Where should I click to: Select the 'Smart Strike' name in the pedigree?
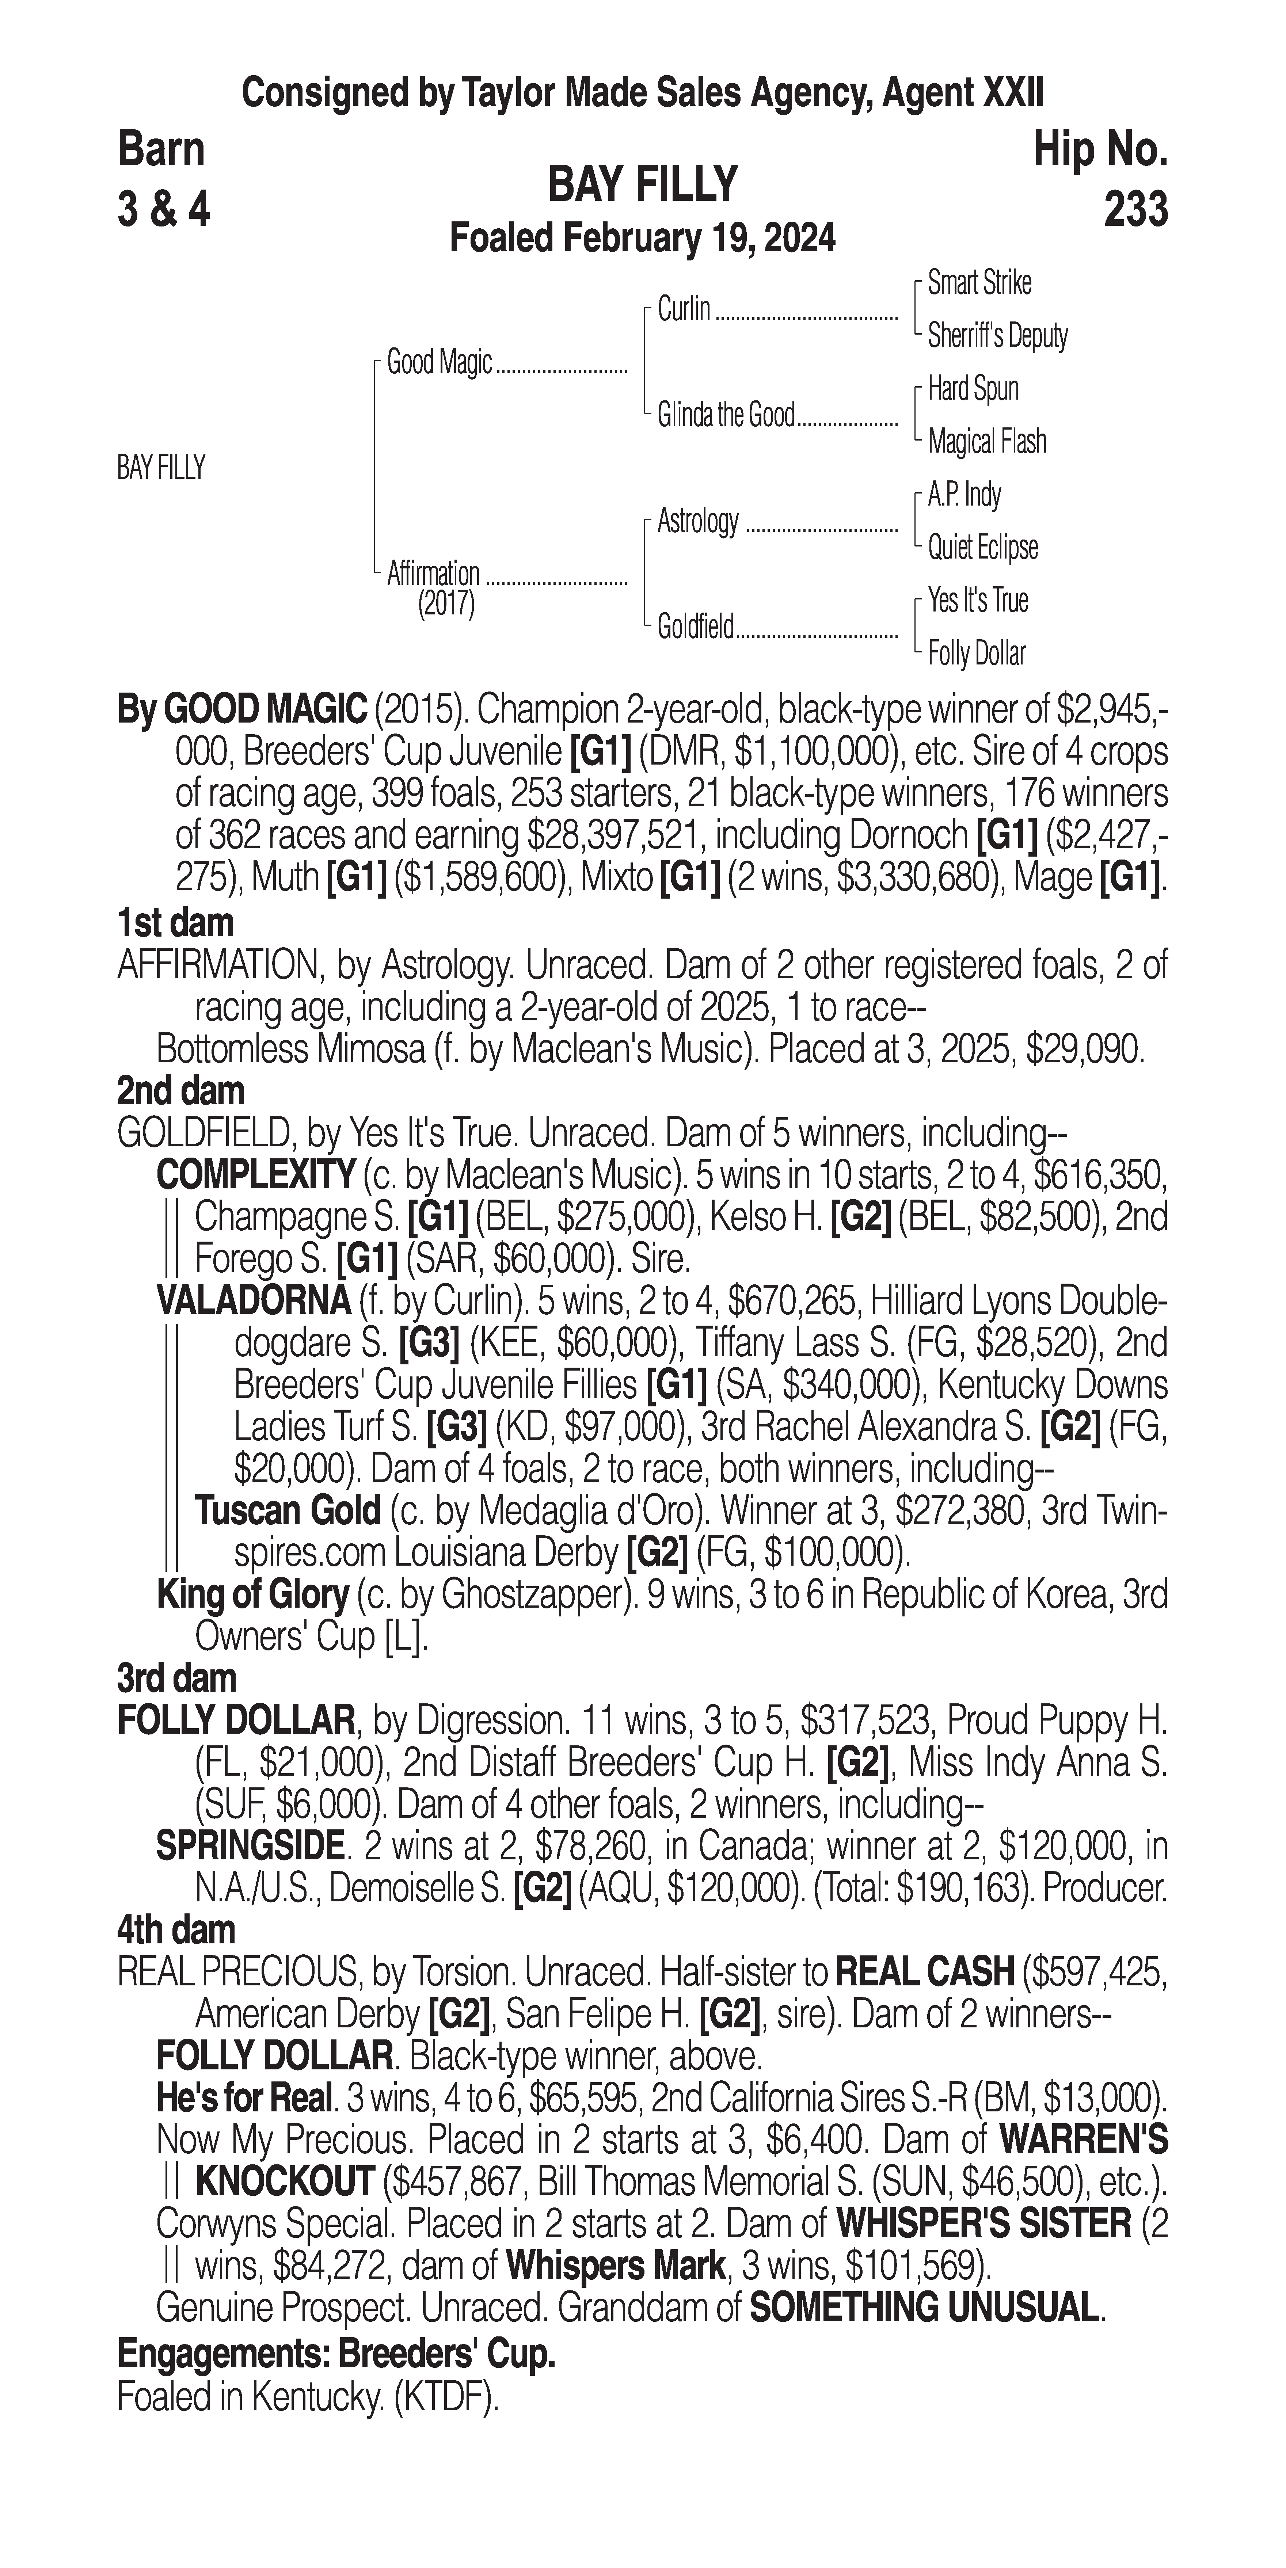979,283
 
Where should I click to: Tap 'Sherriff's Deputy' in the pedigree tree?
997,336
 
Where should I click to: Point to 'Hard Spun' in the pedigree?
973,389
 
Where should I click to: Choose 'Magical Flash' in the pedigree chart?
987,442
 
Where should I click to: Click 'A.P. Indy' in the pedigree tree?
964,495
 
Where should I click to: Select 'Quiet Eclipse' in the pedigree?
983,547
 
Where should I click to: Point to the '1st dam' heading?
175,923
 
